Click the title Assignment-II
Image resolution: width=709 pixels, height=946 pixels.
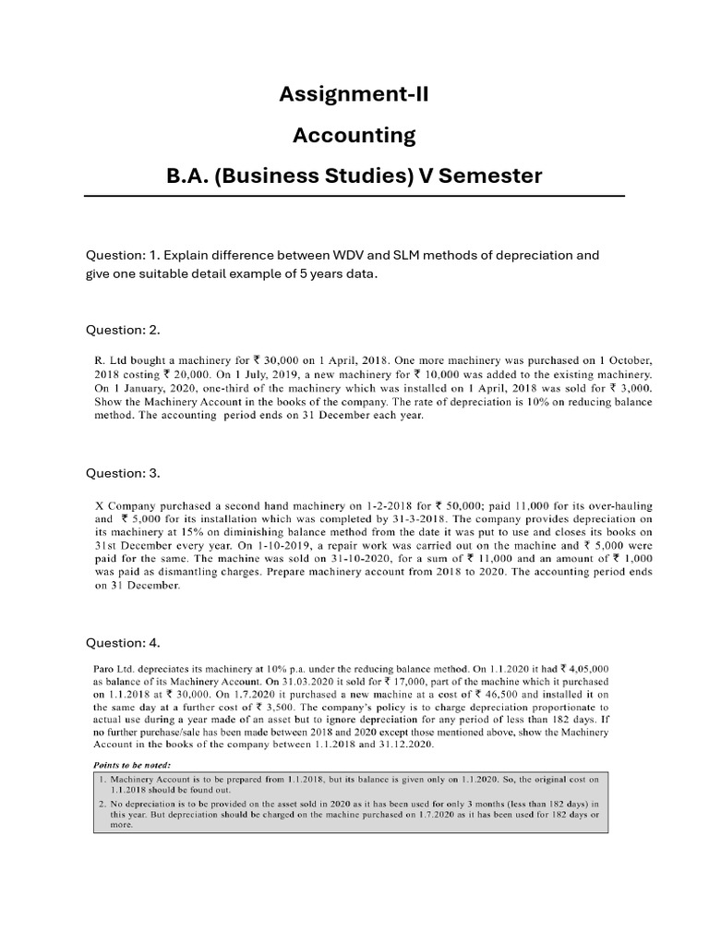354,94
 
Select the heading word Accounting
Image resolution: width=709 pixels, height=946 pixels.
354,136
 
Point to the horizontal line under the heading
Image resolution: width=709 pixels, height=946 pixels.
354,196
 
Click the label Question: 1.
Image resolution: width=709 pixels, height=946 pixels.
123,255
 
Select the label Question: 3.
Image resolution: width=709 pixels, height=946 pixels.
123,473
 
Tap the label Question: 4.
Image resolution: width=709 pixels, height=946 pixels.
123,642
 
